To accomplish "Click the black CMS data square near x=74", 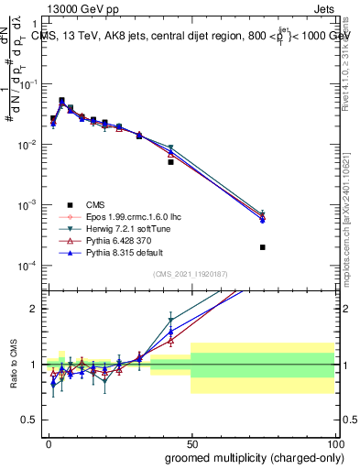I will pos(262,247).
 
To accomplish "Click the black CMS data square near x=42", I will pos(170,162).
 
